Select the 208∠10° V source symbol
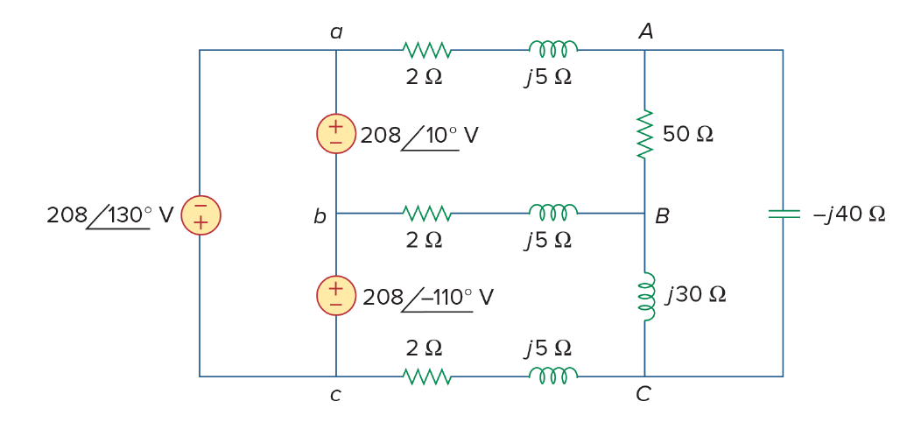click(336, 134)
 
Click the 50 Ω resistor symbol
click(645, 133)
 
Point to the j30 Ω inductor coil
click(646, 296)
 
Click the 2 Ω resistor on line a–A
click(427, 50)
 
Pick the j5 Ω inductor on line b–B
click(553, 212)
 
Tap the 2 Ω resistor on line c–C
click(427, 376)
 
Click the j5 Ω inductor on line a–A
click(553, 48)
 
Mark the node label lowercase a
click(336, 32)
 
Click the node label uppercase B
click(662, 216)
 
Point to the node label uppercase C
click(643, 394)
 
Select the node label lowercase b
click(320, 216)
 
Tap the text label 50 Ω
click(688, 134)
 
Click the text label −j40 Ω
click(848, 214)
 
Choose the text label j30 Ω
click(696, 295)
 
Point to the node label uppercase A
click(645, 32)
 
